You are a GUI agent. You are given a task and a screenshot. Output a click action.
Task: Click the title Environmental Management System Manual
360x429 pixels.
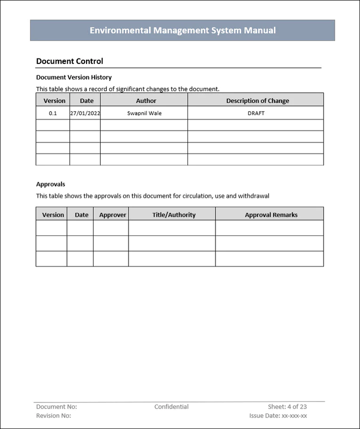(182, 30)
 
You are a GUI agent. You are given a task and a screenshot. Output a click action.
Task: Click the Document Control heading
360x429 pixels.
(69, 61)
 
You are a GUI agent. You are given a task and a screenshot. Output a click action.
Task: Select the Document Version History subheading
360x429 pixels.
(74, 77)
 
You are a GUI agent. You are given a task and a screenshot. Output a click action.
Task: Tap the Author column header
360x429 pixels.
(146, 100)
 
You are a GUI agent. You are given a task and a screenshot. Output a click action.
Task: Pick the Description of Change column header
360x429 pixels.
(257, 100)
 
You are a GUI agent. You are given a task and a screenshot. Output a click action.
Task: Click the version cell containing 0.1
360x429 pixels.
(53, 113)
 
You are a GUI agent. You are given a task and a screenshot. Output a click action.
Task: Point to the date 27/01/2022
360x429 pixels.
(85, 113)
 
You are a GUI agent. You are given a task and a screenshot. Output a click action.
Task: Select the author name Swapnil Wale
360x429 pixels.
(144, 113)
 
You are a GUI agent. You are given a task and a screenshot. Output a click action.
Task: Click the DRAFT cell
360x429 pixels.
(256, 113)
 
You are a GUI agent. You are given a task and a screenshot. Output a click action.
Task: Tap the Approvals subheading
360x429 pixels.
(50, 184)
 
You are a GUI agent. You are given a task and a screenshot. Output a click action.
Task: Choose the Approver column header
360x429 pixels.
(112, 215)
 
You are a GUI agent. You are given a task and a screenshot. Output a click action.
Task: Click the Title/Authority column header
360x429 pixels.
(174, 215)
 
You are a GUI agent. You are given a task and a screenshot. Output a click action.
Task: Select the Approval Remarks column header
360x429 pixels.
(271, 215)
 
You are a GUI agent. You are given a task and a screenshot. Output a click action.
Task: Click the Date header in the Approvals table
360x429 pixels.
(81, 215)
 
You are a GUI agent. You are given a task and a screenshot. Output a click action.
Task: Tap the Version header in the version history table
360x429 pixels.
(54, 100)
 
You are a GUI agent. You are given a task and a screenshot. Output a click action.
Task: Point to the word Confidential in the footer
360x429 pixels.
(171, 406)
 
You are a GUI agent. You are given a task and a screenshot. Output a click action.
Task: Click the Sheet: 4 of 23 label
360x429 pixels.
(287, 406)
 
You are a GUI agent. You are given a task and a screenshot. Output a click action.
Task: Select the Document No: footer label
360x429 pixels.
(56, 406)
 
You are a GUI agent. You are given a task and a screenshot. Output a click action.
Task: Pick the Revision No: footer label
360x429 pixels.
(53, 415)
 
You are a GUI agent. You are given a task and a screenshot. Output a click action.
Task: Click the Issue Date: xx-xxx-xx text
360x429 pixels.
(278, 415)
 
